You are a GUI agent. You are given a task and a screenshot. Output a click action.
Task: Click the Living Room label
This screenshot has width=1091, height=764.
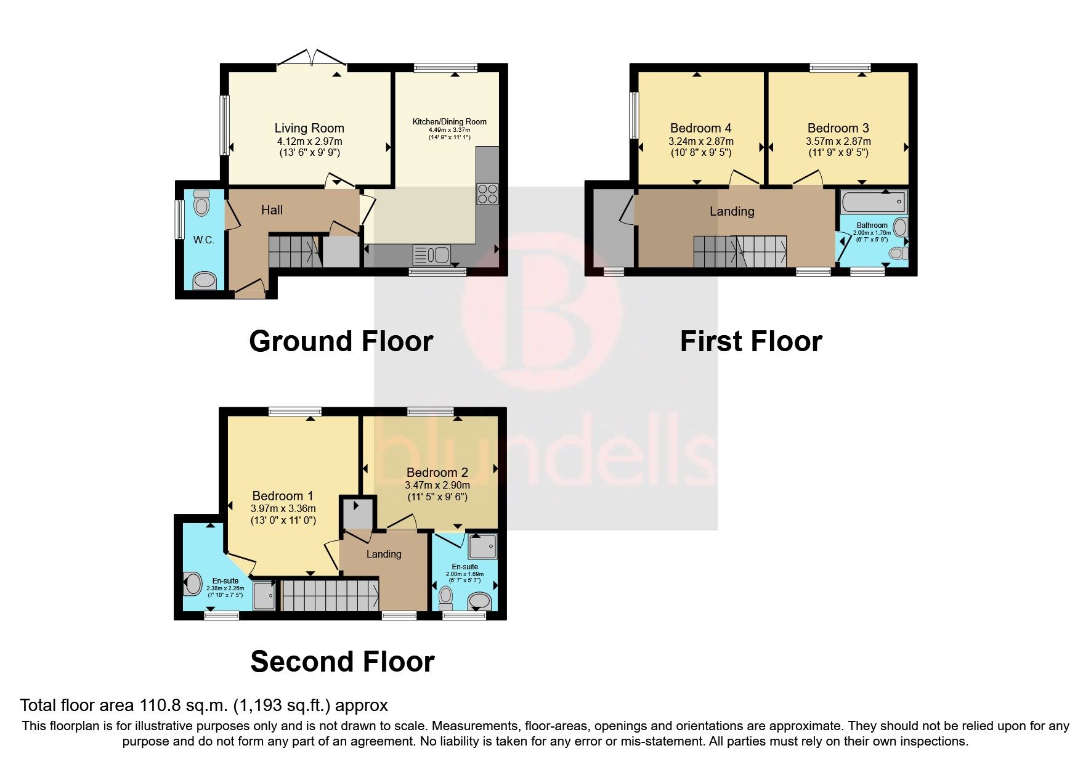click(x=309, y=128)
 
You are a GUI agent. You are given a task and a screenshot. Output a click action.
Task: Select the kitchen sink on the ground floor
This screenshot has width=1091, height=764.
click(x=433, y=254)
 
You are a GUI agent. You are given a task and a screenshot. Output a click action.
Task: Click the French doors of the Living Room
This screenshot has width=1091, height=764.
click(x=312, y=60)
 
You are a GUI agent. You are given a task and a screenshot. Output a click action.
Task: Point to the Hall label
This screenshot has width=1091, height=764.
click(x=272, y=210)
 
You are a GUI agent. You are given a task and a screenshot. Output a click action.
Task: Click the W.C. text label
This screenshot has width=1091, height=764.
click(x=204, y=240)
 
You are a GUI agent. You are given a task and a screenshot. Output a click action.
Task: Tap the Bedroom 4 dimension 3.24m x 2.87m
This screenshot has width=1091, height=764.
click(x=701, y=141)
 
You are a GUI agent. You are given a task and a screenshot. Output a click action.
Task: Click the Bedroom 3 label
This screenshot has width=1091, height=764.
click(x=838, y=128)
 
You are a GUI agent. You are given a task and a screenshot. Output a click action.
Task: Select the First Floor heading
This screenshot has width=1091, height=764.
click(x=750, y=341)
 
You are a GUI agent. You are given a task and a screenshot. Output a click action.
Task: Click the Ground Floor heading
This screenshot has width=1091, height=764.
click(x=341, y=341)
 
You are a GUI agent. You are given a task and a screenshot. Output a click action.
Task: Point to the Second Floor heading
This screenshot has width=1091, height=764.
click(x=343, y=662)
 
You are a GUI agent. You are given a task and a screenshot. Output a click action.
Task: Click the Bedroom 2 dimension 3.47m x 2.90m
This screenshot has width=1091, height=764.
click(x=437, y=486)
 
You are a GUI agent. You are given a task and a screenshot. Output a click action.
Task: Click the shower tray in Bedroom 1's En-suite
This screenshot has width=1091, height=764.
click(x=266, y=595)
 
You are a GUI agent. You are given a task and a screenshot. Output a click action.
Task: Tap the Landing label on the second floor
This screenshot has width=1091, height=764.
click(x=384, y=554)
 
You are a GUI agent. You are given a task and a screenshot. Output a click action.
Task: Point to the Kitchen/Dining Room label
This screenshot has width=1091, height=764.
click(x=449, y=121)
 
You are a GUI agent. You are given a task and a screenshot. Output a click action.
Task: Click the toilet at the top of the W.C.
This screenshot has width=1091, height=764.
click(x=201, y=201)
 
